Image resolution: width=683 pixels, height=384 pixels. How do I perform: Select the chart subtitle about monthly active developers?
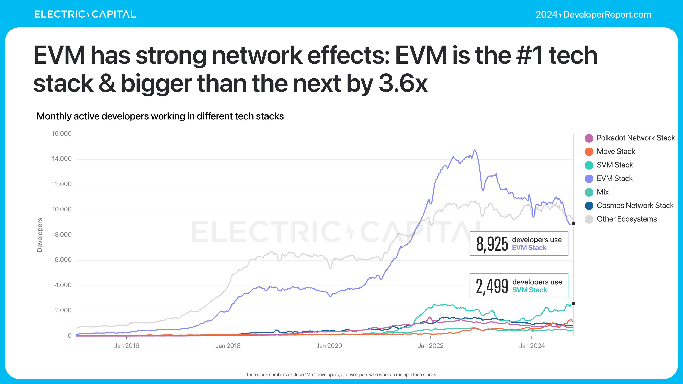[x=160, y=116]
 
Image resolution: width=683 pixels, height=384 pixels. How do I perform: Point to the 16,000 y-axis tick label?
[x=62, y=134]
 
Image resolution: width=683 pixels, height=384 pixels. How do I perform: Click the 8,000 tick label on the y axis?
[x=63, y=234]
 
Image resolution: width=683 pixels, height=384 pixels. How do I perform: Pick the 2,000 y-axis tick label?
[x=63, y=310]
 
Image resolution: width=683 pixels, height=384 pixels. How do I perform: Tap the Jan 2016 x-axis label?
[x=126, y=346]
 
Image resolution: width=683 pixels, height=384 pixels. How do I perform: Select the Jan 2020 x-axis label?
[x=329, y=346]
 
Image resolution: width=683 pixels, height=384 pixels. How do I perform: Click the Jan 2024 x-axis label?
[x=532, y=346]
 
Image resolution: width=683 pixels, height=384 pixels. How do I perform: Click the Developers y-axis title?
[x=39, y=235]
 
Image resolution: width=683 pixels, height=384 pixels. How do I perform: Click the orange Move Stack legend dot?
[x=589, y=152]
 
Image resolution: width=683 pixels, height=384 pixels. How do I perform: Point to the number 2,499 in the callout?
[x=492, y=286]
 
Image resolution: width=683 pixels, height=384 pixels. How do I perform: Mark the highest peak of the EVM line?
[x=475, y=150]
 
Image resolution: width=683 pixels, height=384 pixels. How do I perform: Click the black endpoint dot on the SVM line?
[x=573, y=304]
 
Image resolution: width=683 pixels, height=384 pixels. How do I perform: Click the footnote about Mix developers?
[x=341, y=374]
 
